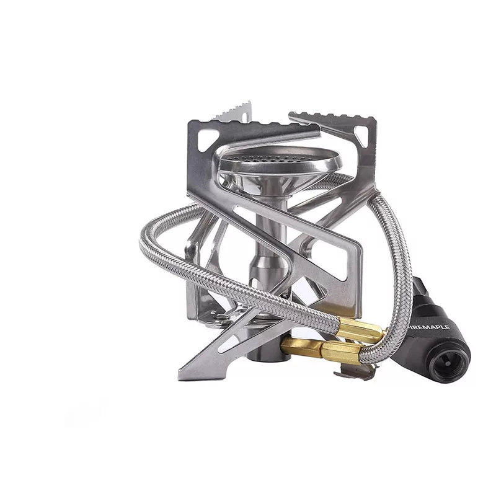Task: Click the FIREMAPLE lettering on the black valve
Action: pos(430,327)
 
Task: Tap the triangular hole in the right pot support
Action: pos(361,135)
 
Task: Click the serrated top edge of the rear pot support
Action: pos(234,112)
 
